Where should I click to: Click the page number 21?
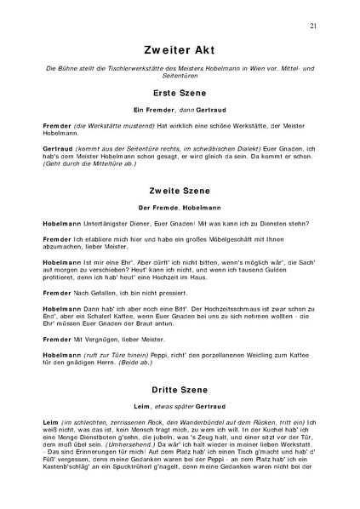tap(314, 26)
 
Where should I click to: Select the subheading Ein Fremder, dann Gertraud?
tap(180, 109)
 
